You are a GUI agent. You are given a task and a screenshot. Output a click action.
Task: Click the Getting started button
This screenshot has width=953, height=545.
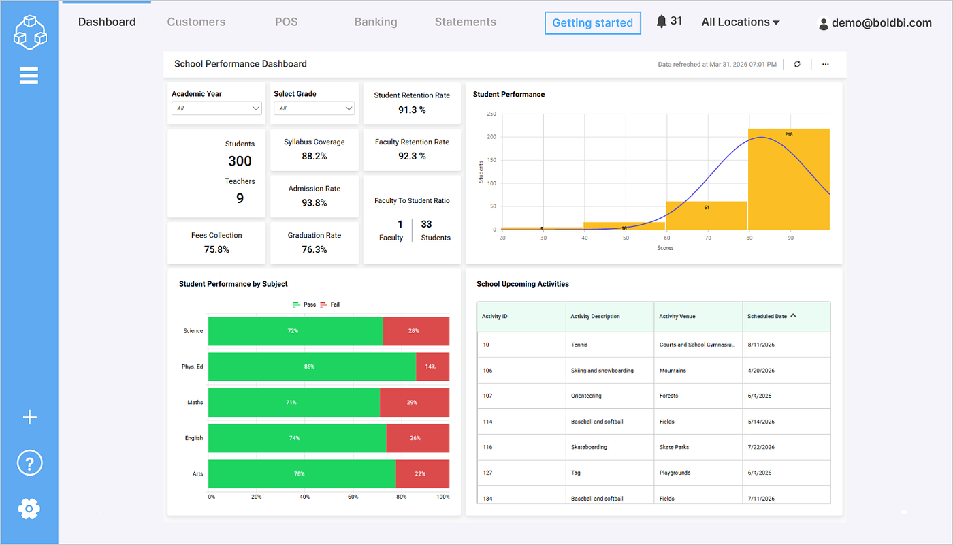pyautogui.click(x=593, y=23)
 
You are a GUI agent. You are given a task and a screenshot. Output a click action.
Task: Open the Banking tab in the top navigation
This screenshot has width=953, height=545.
pyautogui.click(x=376, y=22)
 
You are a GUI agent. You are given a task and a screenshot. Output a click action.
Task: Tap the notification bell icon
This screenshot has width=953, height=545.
pyautogui.click(x=661, y=21)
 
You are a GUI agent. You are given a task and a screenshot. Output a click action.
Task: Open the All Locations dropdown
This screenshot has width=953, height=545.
pyautogui.click(x=741, y=22)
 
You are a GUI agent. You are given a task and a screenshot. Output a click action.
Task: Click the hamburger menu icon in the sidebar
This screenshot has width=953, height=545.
pyautogui.click(x=29, y=76)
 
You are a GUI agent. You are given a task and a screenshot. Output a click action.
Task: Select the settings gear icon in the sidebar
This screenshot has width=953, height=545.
pyautogui.click(x=29, y=509)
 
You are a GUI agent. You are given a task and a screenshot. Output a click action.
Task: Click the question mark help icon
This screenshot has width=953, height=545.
pyautogui.click(x=30, y=463)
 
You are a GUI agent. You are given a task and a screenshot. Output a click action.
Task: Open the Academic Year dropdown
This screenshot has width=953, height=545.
pyautogui.click(x=216, y=108)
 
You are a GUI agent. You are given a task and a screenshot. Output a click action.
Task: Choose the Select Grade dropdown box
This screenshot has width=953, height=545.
pyautogui.click(x=314, y=108)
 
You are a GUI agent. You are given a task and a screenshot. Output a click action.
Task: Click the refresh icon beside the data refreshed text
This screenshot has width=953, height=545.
pyautogui.click(x=797, y=64)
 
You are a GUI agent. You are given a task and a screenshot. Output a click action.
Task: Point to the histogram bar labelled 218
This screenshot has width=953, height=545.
pyautogui.click(x=789, y=179)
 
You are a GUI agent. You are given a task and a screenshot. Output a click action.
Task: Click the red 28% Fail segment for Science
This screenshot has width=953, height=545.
pyautogui.click(x=416, y=331)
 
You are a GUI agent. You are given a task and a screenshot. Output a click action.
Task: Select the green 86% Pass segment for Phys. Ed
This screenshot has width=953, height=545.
pyautogui.click(x=312, y=367)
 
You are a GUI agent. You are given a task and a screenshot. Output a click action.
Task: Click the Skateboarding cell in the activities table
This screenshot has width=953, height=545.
pyautogui.click(x=589, y=447)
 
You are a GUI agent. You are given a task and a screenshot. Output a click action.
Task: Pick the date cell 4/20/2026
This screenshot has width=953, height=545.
pyautogui.click(x=761, y=371)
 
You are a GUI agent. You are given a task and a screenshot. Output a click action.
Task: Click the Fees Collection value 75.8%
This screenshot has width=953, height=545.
pyautogui.click(x=216, y=249)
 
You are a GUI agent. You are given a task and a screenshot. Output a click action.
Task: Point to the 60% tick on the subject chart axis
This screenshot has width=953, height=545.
pyautogui.click(x=353, y=497)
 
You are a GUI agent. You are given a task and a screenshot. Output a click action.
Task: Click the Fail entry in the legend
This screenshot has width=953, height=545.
pyautogui.click(x=329, y=305)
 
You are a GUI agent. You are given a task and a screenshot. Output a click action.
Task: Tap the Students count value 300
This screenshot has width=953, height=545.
pyautogui.click(x=240, y=161)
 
